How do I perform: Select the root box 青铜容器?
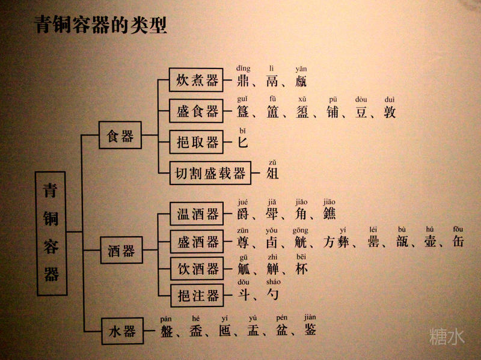coord(51,234)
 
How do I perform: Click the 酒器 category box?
coord(121,251)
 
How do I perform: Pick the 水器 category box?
coord(122,331)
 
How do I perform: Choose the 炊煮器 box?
coord(197,81)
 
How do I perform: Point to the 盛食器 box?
coord(197,112)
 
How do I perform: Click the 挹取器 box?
coord(197,142)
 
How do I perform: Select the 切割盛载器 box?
coord(210,173)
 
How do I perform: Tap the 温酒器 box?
coord(197,214)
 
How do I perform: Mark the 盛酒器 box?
coord(197,242)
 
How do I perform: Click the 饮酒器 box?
coord(197,269)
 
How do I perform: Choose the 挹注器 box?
coord(197,294)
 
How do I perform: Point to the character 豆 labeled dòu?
coord(361,112)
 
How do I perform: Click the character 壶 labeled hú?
coord(429,242)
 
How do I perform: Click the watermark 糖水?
coord(447,337)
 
